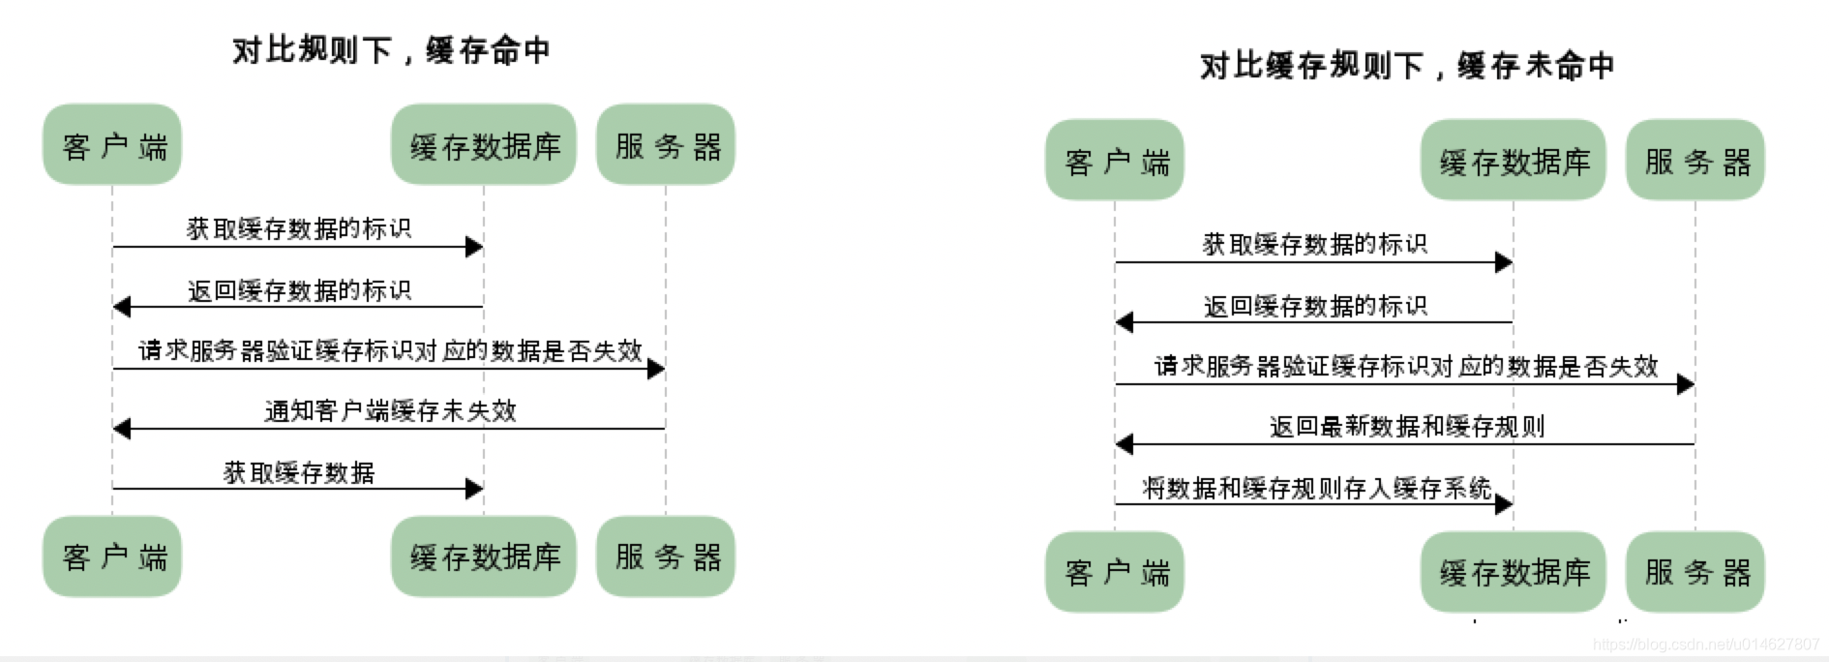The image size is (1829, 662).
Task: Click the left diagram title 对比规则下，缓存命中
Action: tap(391, 49)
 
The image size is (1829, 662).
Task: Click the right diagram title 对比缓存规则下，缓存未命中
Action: tap(1406, 65)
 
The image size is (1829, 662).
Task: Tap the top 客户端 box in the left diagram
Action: tap(112, 145)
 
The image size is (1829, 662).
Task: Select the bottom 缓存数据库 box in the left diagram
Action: tap(484, 557)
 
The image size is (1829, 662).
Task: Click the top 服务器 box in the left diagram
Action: tap(666, 145)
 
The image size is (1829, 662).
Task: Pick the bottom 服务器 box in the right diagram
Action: tap(1695, 572)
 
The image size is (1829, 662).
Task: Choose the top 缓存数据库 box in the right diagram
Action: tap(1514, 161)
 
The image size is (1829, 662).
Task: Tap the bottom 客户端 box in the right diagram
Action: tap(1115, 572)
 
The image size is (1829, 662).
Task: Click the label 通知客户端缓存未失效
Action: tap(390, 410)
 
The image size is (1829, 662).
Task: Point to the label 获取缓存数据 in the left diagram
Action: tap(298, 472)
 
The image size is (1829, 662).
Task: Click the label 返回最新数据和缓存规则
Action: tap(1406, 426)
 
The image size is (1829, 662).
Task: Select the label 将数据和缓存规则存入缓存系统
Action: tap(1316, 488)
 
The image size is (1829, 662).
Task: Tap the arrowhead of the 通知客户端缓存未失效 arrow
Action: tap(122, 428)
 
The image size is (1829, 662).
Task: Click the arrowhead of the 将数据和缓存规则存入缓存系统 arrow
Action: tap(1504, 504)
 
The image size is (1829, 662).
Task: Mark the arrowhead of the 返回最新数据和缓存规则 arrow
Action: tap(1124, 444)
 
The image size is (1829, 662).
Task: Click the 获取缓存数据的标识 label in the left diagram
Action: tap(298, 228)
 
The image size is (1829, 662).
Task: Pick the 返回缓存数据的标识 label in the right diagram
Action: tap(1314, 306)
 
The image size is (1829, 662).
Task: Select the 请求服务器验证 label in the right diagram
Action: tap(1405, 366)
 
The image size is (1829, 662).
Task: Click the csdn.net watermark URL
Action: tap(1705, 644)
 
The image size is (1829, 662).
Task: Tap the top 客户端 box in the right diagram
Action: tap(1115, 161)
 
